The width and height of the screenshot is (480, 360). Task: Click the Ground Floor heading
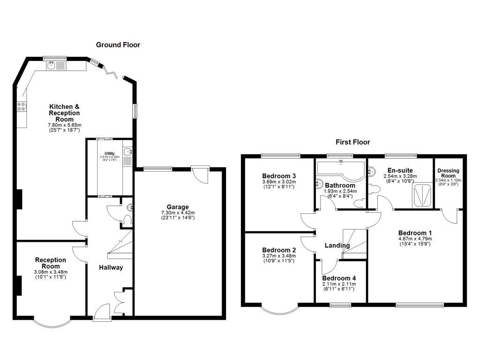click(x=118, y=45)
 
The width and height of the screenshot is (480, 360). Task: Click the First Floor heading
click(x=352, y=142)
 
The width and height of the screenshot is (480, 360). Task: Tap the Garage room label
click(x=178, y=207)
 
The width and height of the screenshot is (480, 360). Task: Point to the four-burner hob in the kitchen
click(x=22, y=107)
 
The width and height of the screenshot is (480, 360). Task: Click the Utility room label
click(x=109, y=153)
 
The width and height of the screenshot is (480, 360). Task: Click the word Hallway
click(x=111, y=268)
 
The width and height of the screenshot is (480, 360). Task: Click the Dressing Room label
click(x=448, y=173)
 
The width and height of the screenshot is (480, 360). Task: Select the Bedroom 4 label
click(x=340, y=278)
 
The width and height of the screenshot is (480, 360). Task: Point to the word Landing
click(x=337, y=246)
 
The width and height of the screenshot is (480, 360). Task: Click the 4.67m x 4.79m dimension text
click(x=415, y=239)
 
